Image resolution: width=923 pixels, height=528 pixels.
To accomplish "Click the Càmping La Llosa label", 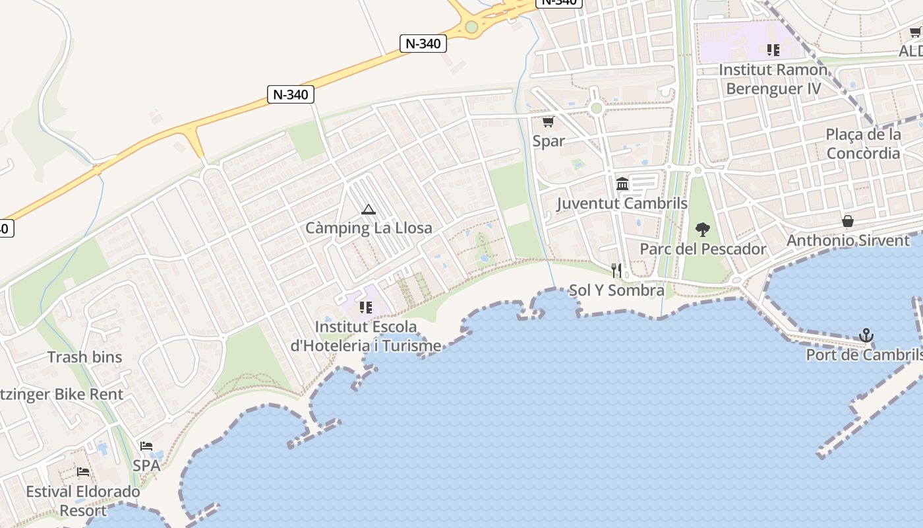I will click(x=369, y=228).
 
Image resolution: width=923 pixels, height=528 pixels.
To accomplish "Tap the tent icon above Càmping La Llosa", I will click(x=369, y=210).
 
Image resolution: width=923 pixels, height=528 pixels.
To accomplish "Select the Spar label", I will click(x=549, y=141).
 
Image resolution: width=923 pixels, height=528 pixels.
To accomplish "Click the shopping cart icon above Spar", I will click(x=548, y=122).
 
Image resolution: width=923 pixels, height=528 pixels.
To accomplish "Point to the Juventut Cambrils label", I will click(x=622, y=203).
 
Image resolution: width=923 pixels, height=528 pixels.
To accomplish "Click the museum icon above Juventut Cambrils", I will click(x=622, y=183).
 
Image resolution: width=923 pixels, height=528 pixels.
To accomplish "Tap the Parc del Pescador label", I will click(x=703, y=249).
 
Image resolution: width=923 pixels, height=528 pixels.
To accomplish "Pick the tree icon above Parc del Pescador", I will click(x=703, y=230).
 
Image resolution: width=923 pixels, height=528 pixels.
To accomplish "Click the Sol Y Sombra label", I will click(x=616, y=290).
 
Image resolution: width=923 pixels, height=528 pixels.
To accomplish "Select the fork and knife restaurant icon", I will click(x=616, y=271).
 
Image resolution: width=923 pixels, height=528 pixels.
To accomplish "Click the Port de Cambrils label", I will click(x=864, y=355).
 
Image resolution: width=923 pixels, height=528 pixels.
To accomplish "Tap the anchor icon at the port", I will click(x=866, y=336).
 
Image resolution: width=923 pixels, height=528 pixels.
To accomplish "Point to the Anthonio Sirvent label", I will click(x=848, y=240).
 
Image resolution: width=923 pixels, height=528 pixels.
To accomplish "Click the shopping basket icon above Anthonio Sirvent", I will click(x=848, y=221).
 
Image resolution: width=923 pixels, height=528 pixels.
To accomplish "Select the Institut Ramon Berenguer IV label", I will click(x=773, y=79).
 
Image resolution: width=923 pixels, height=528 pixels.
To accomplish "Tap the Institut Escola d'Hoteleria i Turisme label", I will click(x=366, y=336).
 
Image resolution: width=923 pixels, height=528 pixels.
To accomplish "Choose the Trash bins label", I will click(x=84, y=357).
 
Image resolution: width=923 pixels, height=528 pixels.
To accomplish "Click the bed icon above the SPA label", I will click(x=146, y=446).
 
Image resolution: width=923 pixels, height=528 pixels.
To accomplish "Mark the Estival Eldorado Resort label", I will click(x=83, y=501).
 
